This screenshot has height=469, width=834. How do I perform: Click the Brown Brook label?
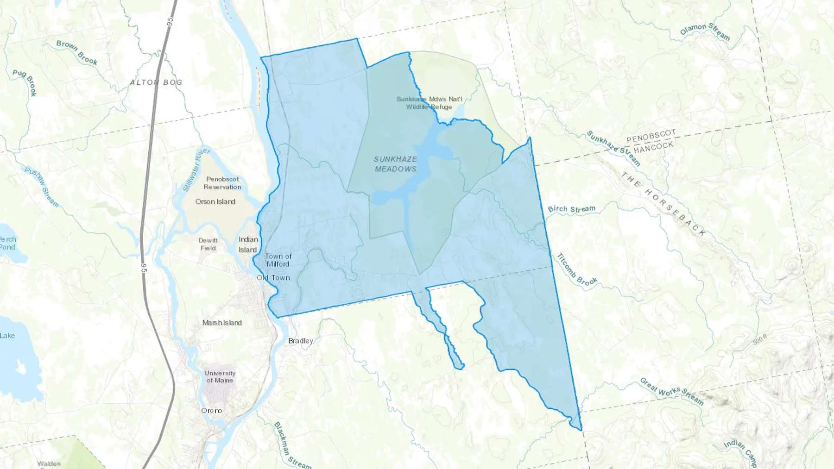click(77, 52)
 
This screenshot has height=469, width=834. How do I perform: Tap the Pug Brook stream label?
click(25, 82)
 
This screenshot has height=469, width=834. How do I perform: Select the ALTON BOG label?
click(156, 82)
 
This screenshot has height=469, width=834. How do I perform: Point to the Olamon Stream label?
click(705, 31)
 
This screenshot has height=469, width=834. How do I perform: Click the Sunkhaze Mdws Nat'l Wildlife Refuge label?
click(429, 103)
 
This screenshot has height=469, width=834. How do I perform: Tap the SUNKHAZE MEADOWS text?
click(395, 164)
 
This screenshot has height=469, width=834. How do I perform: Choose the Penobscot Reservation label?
click(222, 183)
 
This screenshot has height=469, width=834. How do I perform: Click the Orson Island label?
click(215, 201)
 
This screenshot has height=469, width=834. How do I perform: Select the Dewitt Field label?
click(208, 244)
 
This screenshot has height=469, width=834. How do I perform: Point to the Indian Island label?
click(248, 244)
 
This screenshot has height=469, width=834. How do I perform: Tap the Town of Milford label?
click(278, 260)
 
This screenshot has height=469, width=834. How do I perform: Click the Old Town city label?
click(273, 278)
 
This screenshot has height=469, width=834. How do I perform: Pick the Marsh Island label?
click(222, 323)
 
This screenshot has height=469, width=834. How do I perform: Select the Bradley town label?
click(301, 341)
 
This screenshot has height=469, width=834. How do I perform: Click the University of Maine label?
click(220, 376)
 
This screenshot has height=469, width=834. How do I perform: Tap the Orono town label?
click(211, 411)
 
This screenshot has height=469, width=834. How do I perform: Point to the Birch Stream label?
click(572, 209)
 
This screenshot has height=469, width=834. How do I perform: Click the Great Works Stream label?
click(672, 392)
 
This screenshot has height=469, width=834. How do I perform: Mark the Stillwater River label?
click(196, 170)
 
